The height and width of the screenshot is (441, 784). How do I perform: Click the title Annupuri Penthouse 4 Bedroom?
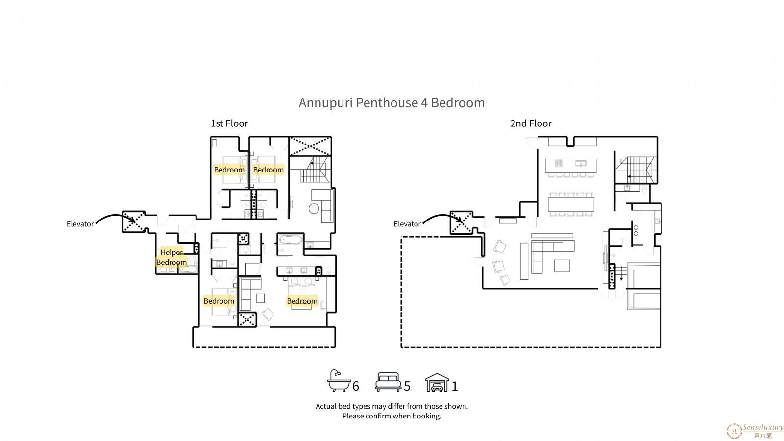(392, 103)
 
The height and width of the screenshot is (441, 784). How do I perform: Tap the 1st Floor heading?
(229, 123)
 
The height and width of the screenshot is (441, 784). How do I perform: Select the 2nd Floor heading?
(531, 123)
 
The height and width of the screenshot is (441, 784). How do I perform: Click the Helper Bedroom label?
(171, 257)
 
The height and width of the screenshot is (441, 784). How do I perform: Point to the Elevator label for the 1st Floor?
(80, 224)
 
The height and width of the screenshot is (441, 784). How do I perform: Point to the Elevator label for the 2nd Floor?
(407, 224)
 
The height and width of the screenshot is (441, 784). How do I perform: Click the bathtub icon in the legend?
(339, 380)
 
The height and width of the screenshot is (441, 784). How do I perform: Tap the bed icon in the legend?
(388, 382)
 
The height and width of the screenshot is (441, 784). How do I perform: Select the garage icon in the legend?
(437, 382)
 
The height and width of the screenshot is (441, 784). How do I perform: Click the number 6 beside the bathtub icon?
(356, 386)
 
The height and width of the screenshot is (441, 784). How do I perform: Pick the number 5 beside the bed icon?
(407, 386)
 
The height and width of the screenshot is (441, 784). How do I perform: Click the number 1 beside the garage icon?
(455, 386)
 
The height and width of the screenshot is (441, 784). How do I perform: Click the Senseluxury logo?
(755, 431)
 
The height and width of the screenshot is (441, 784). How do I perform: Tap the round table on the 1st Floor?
(314, 209)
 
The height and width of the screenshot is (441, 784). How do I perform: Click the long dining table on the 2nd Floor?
(571, 204)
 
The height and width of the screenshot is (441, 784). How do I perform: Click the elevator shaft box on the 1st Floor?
(134, 221)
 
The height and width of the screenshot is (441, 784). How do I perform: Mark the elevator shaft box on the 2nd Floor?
(461, 222)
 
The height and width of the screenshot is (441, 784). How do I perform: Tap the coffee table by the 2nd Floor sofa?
(562, 266)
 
